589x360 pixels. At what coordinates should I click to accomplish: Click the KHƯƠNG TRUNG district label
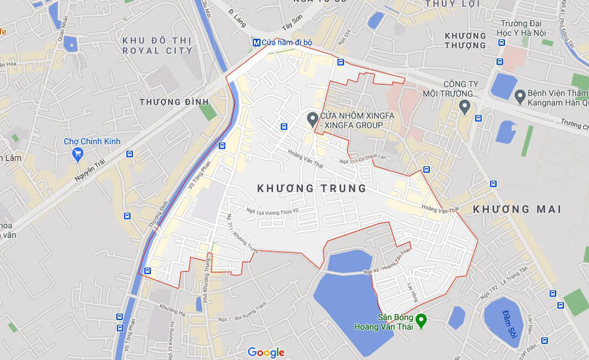[312, 189]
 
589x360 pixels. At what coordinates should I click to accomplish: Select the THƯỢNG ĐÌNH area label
[173, 102]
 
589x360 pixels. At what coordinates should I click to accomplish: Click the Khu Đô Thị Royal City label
[158, 45]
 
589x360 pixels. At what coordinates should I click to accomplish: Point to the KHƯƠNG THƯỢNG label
[465, 41]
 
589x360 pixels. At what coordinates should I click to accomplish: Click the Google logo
[266, 353]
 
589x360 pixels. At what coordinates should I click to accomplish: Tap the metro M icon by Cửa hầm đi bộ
[256, 43]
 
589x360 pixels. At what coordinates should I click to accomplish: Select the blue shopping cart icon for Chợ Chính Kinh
[78, 154]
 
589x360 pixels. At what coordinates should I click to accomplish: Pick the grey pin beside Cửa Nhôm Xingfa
[312, 119]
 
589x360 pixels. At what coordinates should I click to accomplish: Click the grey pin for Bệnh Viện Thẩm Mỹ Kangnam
[520, 97]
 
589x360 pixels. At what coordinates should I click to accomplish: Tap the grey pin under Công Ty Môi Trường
[465, 106]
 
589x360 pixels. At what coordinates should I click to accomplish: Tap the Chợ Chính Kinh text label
[92, 141]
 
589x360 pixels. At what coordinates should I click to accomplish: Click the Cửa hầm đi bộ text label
[287, 43]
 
